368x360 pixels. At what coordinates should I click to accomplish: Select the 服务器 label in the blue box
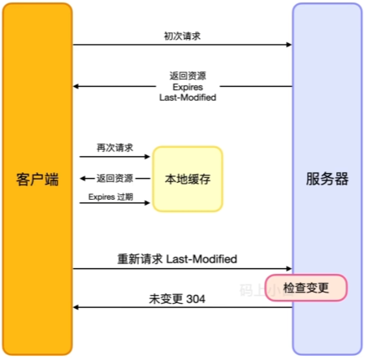(327, 179)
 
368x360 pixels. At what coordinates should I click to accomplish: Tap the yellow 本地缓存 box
(188, 179)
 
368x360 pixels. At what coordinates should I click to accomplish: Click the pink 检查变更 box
(307, 288)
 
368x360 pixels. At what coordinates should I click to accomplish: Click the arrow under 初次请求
(182, 46)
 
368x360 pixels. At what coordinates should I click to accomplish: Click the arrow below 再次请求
(115, 157)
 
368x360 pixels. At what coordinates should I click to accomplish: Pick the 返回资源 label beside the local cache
(115, 179)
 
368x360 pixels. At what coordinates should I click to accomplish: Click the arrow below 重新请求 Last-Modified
(182, 268)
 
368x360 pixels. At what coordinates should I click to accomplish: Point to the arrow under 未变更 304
(182, 308)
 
